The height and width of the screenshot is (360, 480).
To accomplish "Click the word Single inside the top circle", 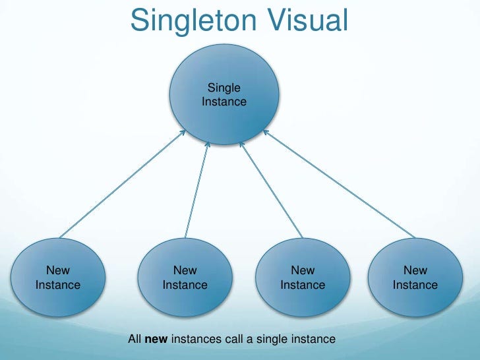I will pos(224,87).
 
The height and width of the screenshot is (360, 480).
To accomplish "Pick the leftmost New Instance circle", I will pos(58,277).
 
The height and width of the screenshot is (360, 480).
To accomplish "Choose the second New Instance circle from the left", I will pos(185,277).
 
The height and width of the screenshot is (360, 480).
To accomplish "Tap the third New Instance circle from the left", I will pos(303,277).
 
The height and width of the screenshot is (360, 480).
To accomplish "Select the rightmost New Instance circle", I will pos(415,277).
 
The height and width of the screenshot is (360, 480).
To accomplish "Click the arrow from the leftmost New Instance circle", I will pos(122,184).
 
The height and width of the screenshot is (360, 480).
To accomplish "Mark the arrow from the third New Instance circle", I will pos(270,188).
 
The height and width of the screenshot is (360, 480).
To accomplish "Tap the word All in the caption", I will pos(135,340).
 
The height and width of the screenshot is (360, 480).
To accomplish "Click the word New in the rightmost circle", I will pos(415,270).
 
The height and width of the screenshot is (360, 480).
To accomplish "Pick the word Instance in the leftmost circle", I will pos(58,285).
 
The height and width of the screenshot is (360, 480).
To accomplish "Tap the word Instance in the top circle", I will pos(224,102).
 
